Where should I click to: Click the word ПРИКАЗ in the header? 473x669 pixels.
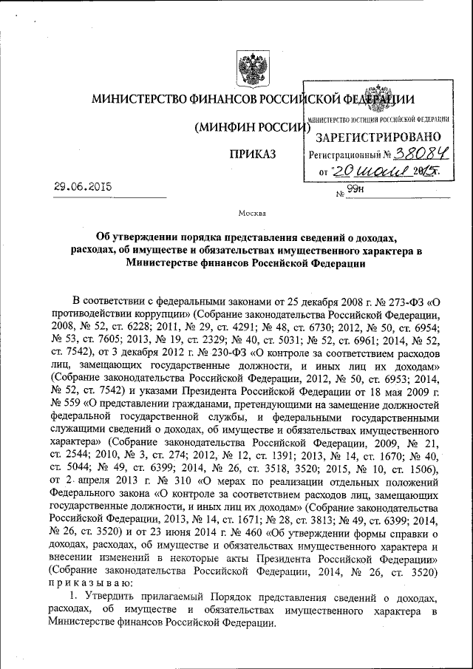pyautogui.click(x=253, y=154)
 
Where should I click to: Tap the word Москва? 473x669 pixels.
pyautogui.click(x=253, y=214)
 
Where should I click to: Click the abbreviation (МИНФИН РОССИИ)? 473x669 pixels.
pyautogui.click(x=251, y=127)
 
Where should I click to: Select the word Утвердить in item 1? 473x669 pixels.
pyautogui.click(x=106, y=597)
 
